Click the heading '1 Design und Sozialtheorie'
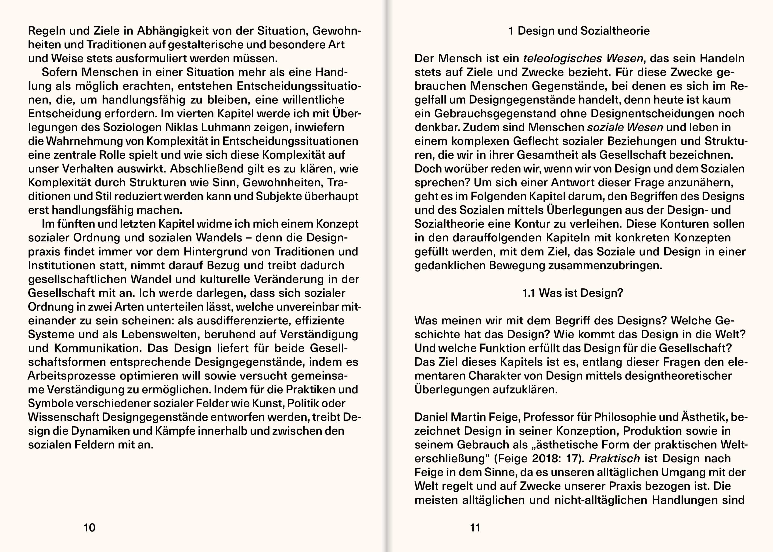579,31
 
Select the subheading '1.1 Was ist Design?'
572,293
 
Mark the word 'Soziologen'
132,127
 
